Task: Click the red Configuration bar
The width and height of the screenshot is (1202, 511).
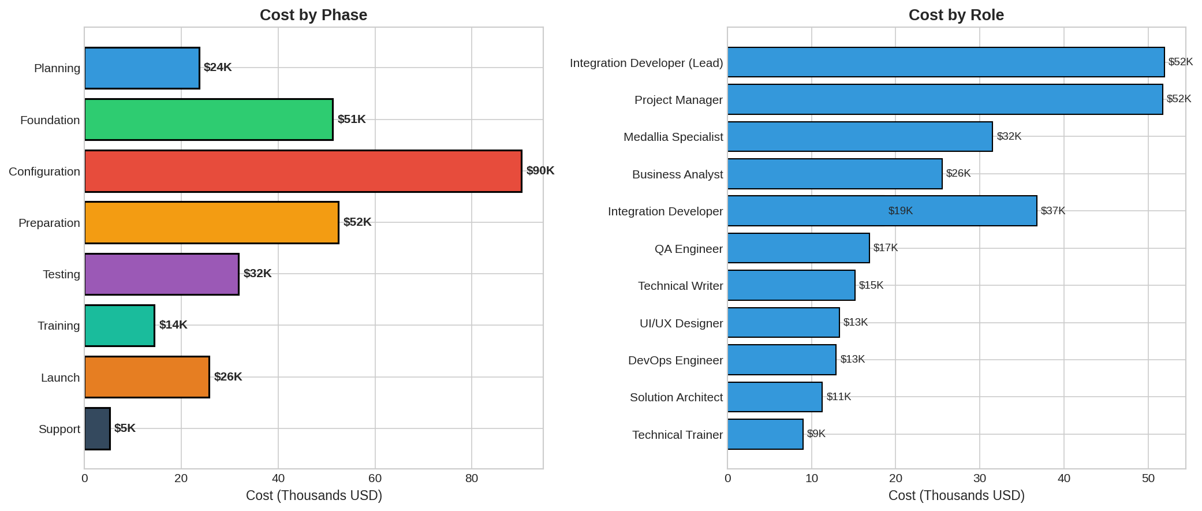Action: [303, 171]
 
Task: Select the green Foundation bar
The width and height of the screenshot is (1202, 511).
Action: [208, 120]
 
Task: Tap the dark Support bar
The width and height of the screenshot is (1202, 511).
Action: [97, 428]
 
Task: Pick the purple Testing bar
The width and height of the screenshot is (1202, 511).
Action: [162, 274]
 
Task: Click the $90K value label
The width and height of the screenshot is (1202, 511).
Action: [540, 171]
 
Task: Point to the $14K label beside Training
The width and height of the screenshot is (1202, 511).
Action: [173, 325]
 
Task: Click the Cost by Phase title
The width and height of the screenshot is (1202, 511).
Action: [313, 15]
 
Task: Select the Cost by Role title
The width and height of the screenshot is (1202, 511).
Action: [956, 15]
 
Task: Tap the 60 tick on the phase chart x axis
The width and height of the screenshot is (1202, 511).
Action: [375, 478]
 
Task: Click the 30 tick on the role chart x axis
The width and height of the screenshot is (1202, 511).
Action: [980, 478]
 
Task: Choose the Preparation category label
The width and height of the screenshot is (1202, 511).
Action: [49, 223]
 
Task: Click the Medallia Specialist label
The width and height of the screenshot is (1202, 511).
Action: [673, 137]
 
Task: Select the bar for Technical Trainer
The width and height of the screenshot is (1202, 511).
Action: [765, 434]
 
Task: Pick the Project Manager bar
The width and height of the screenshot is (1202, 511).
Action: [945, 99]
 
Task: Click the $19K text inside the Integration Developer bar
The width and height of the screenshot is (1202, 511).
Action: [900, 211]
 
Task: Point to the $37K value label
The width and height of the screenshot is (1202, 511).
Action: [1053, 211]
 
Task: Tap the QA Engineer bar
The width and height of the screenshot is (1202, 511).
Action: [798, 248]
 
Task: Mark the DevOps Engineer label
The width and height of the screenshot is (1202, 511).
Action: [675, 360]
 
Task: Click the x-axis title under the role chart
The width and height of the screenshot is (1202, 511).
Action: [956, 495]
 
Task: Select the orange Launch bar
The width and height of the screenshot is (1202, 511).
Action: [147, 377]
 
